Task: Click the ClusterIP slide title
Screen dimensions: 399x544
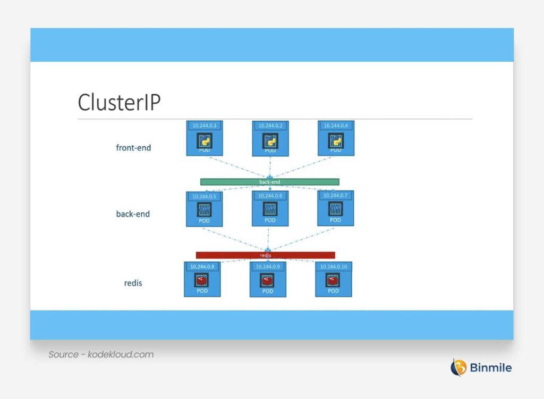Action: [x=118, y=102]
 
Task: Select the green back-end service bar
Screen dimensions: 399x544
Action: [x=269, y=182]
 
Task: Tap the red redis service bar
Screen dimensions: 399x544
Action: [x=265, y=255]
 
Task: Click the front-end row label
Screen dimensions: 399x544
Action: [x=133, y=148]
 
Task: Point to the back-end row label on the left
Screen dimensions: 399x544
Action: [x=133, y=214]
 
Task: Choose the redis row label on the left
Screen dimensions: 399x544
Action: [x=133, y=283]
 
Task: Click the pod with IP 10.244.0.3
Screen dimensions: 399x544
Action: [x=205, y=138]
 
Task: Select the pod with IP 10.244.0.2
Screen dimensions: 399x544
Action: [x=270, y=138]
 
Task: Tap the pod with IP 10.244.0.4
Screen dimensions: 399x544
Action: [x=336, y=138]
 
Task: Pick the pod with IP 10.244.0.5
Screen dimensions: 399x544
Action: [x=205, y=209]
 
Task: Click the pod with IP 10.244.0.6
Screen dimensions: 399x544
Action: [x=270, y=209]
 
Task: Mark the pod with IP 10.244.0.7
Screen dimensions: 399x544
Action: [x=335, y=209]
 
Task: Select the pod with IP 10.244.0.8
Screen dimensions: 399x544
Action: [x=202, y=279]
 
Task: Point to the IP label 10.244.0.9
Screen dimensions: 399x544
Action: [x=268, y=267]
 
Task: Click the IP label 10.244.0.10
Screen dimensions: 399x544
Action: [x=333, y=267]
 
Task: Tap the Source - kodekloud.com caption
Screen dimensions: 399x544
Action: [x=101, y=354]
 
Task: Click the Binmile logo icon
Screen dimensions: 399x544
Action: [x=458, y=367]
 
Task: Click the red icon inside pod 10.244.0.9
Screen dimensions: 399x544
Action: [x=268, y=280]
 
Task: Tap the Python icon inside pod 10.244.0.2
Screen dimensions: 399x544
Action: [x=270, y=140]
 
